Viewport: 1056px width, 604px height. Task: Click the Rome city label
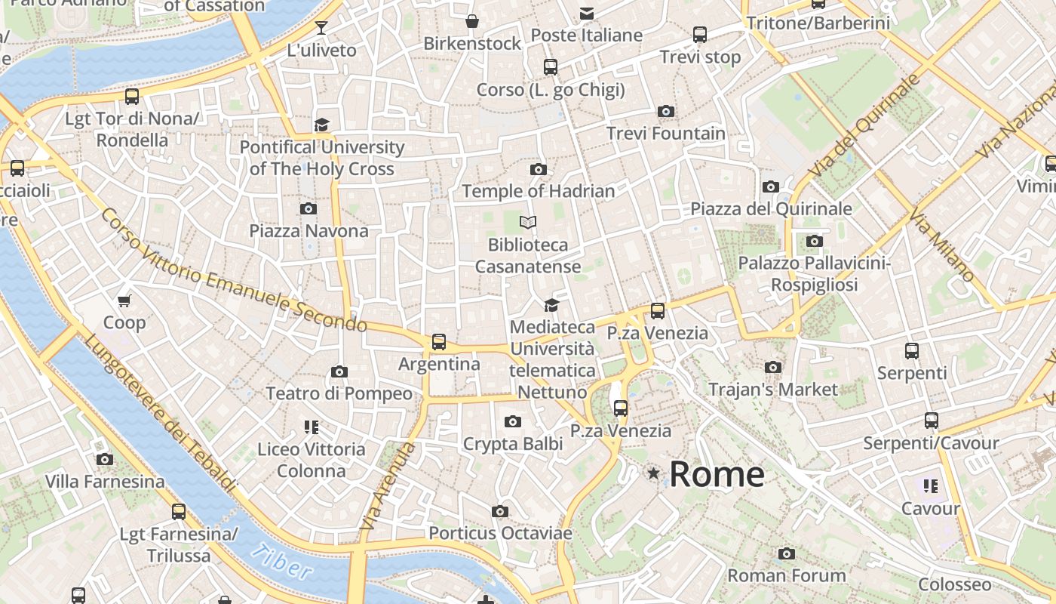[717, 474]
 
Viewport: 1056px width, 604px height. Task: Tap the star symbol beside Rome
[653, 473]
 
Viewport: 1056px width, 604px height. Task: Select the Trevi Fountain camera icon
[665, 112]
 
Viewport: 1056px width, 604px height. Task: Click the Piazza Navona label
[309, 231]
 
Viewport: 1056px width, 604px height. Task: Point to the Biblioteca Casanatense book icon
[528, 222]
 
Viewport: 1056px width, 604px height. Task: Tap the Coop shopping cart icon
[124, 300]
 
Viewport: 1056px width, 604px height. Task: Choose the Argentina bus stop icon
[439, 342]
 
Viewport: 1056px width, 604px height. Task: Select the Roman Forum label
[787, 575]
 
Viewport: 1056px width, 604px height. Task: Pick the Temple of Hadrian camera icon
[538, 169]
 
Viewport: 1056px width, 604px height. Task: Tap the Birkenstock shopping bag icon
[472, 21]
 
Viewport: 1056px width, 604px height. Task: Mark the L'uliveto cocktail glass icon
[321, 28]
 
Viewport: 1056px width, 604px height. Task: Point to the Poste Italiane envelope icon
[586, 14]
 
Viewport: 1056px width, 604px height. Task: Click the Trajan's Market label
[773, 390]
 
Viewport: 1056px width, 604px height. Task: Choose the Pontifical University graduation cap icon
[322, 125]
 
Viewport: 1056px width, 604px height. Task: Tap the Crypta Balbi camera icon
[513, 421]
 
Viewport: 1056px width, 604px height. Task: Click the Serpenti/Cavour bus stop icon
[932, 421]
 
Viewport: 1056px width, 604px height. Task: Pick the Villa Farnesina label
[105, 482]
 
